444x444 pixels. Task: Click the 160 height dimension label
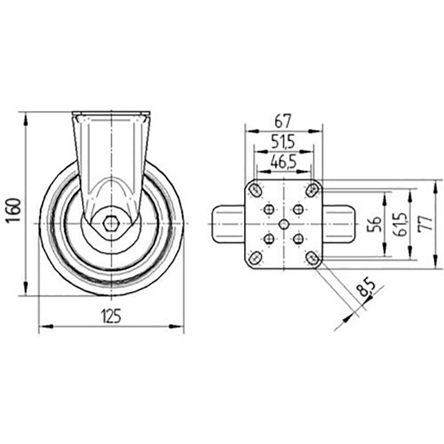tap(13, 210)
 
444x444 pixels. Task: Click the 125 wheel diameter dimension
tap(111, 316)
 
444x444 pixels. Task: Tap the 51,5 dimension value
tap(283, 142)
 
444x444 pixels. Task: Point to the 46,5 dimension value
tap(283, 162)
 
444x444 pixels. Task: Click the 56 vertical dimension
tap(374, 224)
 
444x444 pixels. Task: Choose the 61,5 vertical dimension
tap(402, 224)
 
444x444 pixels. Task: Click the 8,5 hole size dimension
tap(366, 289)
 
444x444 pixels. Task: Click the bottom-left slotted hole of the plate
tap(255, 258)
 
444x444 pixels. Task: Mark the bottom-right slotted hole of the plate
tap(311, 258)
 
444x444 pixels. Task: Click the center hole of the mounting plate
tap(283, 224)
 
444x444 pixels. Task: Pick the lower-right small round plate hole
tap(298, 239)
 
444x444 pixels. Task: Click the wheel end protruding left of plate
tap(228, 224)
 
